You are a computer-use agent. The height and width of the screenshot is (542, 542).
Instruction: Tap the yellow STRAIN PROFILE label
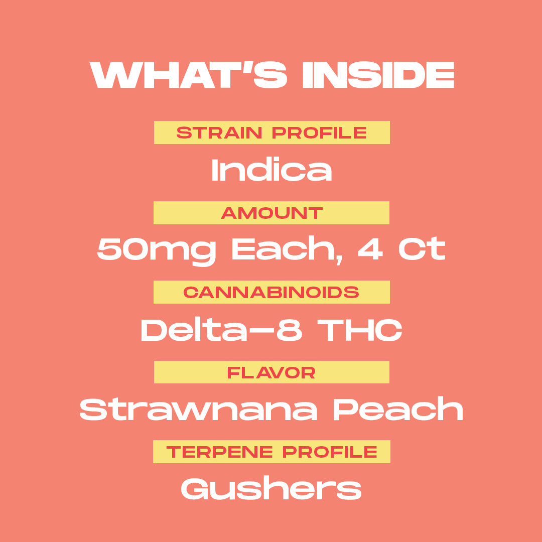tap(272, 133)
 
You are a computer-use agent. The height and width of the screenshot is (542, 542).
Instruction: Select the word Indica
tap(272, 170)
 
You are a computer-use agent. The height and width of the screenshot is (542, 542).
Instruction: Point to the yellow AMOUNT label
tap(272, 213)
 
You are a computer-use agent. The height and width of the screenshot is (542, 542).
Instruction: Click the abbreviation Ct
tap(422, 249)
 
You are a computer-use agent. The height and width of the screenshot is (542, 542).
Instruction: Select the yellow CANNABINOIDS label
tap(272, 292)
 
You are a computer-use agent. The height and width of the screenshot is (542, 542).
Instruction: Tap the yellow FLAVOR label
tap(272, 372)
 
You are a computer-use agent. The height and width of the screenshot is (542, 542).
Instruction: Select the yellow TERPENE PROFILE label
tap(272, 452)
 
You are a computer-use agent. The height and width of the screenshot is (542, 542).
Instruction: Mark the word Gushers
tap(272, 488)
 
